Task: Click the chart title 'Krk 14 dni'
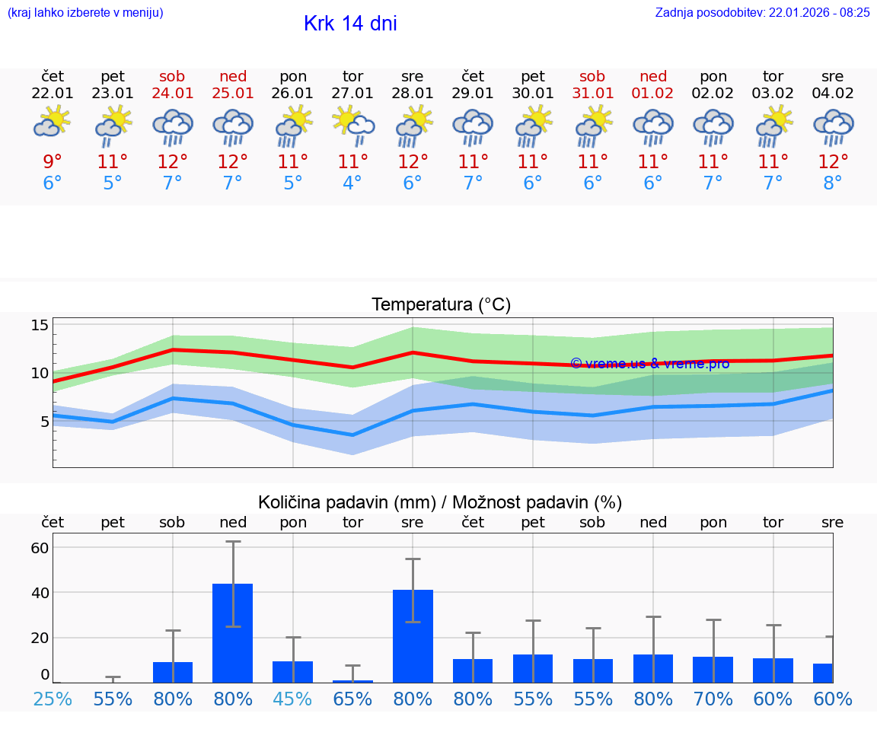(350, 24)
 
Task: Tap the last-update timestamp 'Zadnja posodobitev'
(762, 12)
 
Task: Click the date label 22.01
(53, 94)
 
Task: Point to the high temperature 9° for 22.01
(53, 161)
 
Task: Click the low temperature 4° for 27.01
(352, 183)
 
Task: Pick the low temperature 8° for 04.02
(833, 183)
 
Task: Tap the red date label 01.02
(652, 94)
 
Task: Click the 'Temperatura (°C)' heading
(441, 304)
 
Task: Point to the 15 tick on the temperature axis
(40, 325)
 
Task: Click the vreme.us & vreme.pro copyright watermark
(649, 364)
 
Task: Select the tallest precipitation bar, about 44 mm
(232, 633)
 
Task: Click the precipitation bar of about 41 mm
(413, 636)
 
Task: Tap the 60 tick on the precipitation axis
(40, 547)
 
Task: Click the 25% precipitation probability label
(53, 699)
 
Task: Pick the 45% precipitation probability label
(292, 699)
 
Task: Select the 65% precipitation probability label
(352, 699)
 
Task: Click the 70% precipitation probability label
(713, 699)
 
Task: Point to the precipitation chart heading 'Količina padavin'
(440, 502)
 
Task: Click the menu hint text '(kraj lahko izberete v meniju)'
(85, 12)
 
